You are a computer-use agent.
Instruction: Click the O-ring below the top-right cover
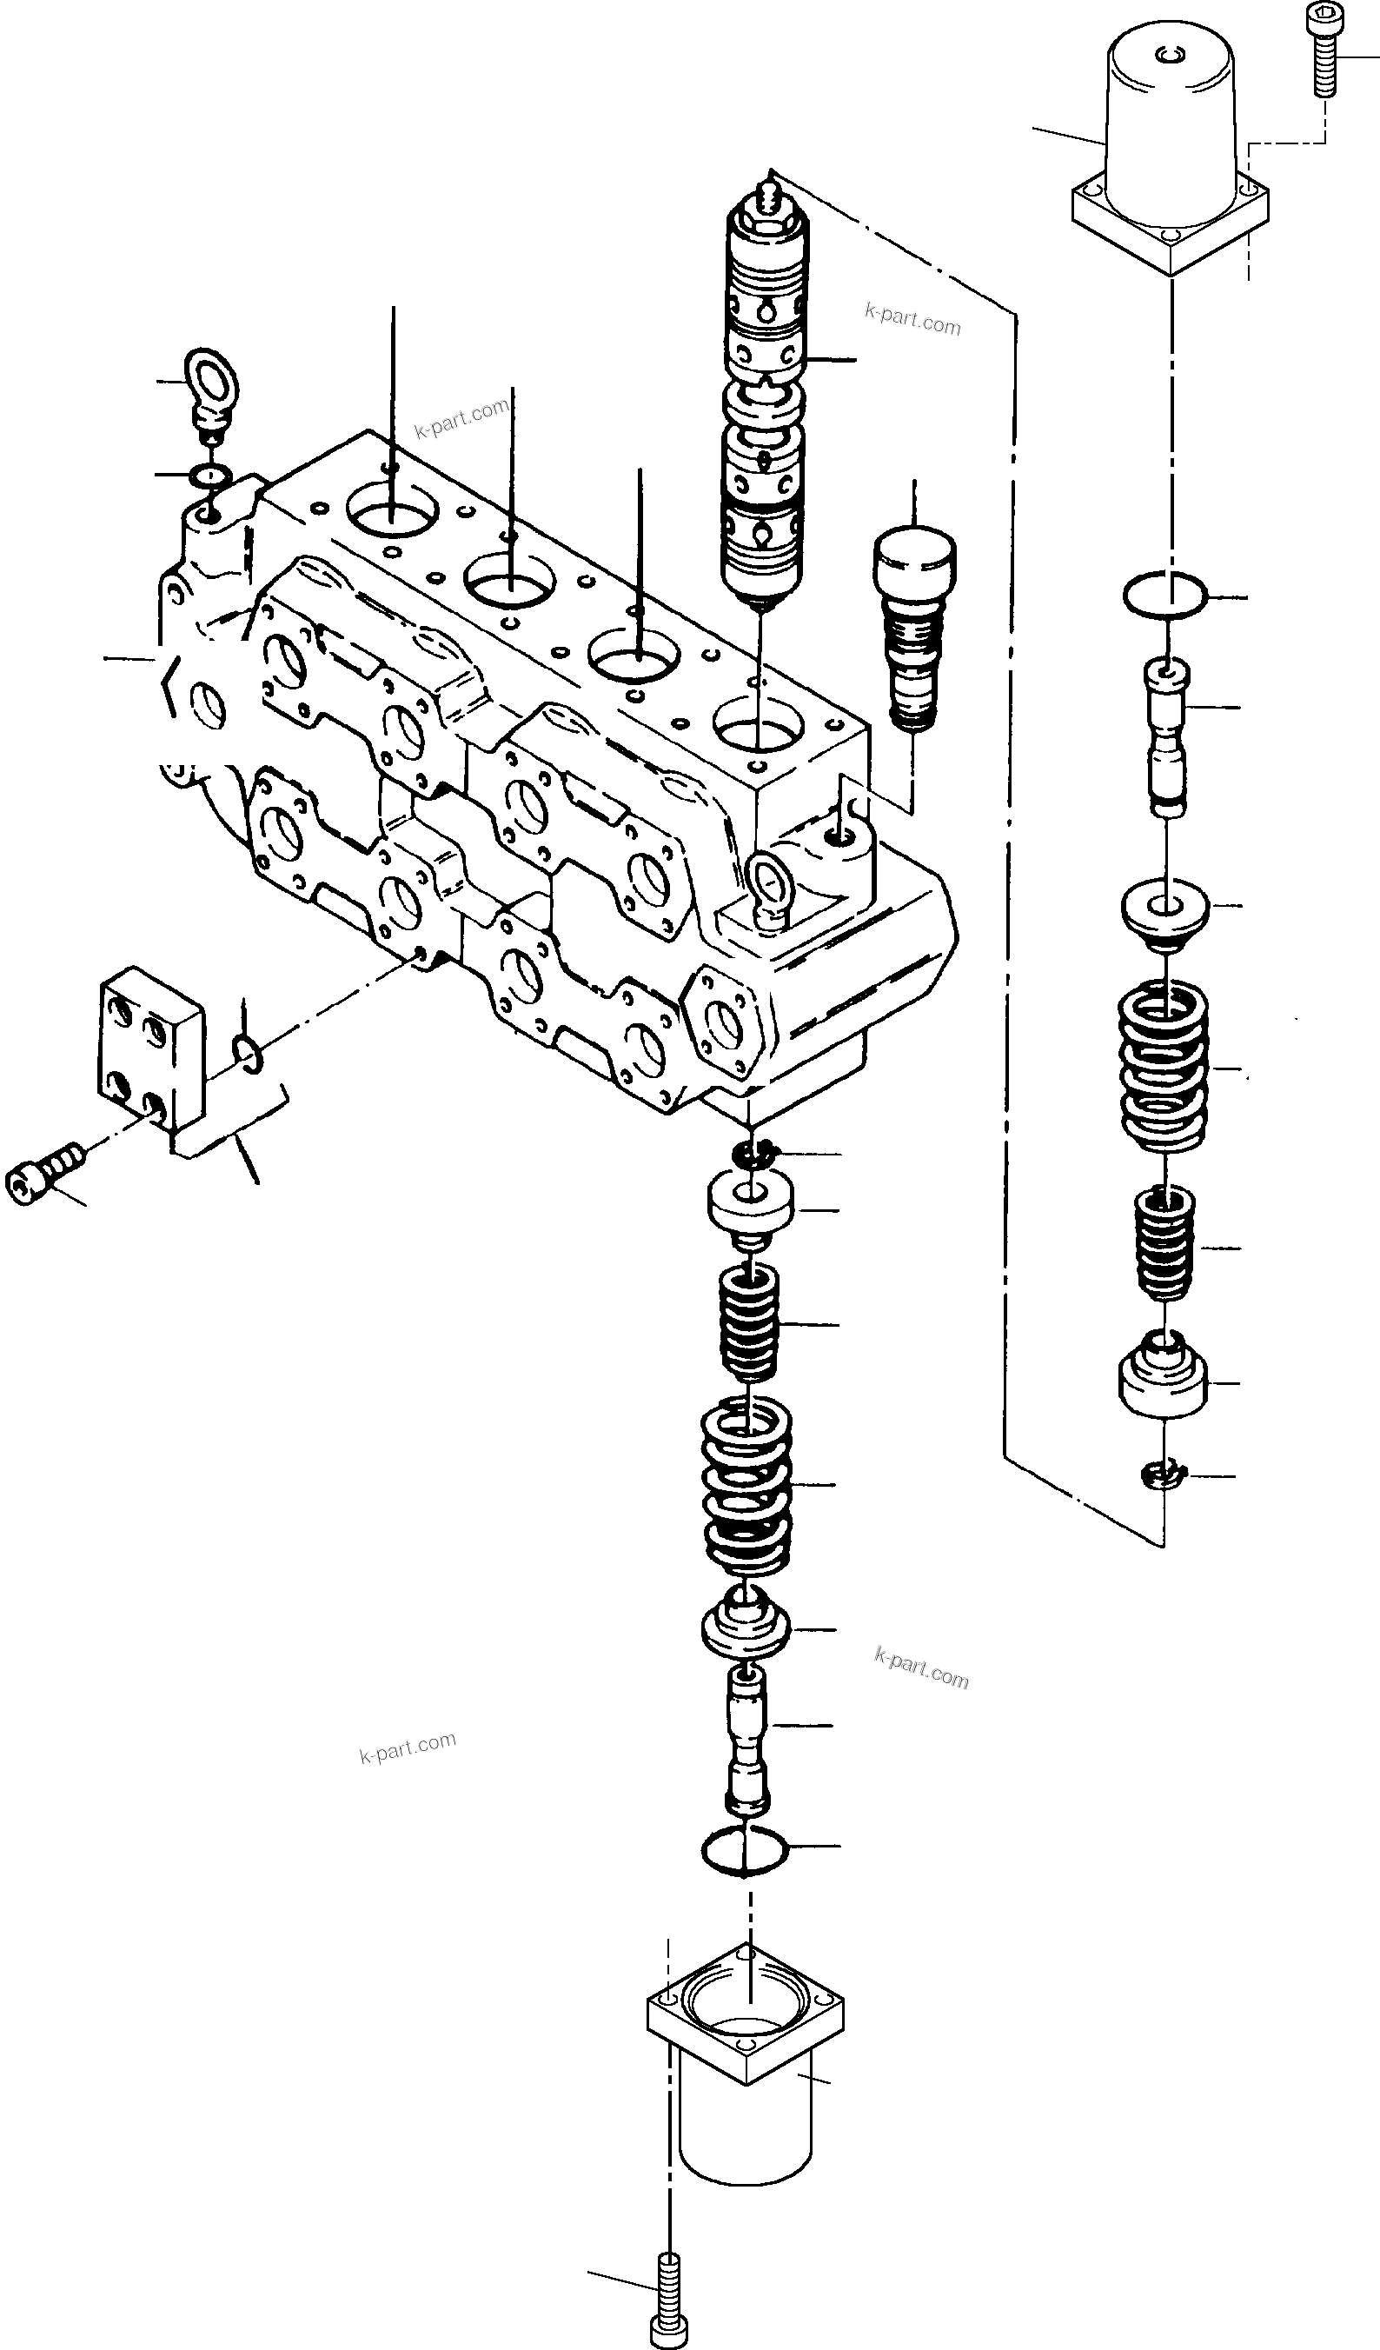1164,595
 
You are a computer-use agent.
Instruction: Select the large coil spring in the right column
1163,1066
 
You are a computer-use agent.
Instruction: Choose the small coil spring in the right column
1164,1243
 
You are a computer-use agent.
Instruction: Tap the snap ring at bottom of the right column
1161,1476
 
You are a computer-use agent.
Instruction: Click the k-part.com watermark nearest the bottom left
408,1747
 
